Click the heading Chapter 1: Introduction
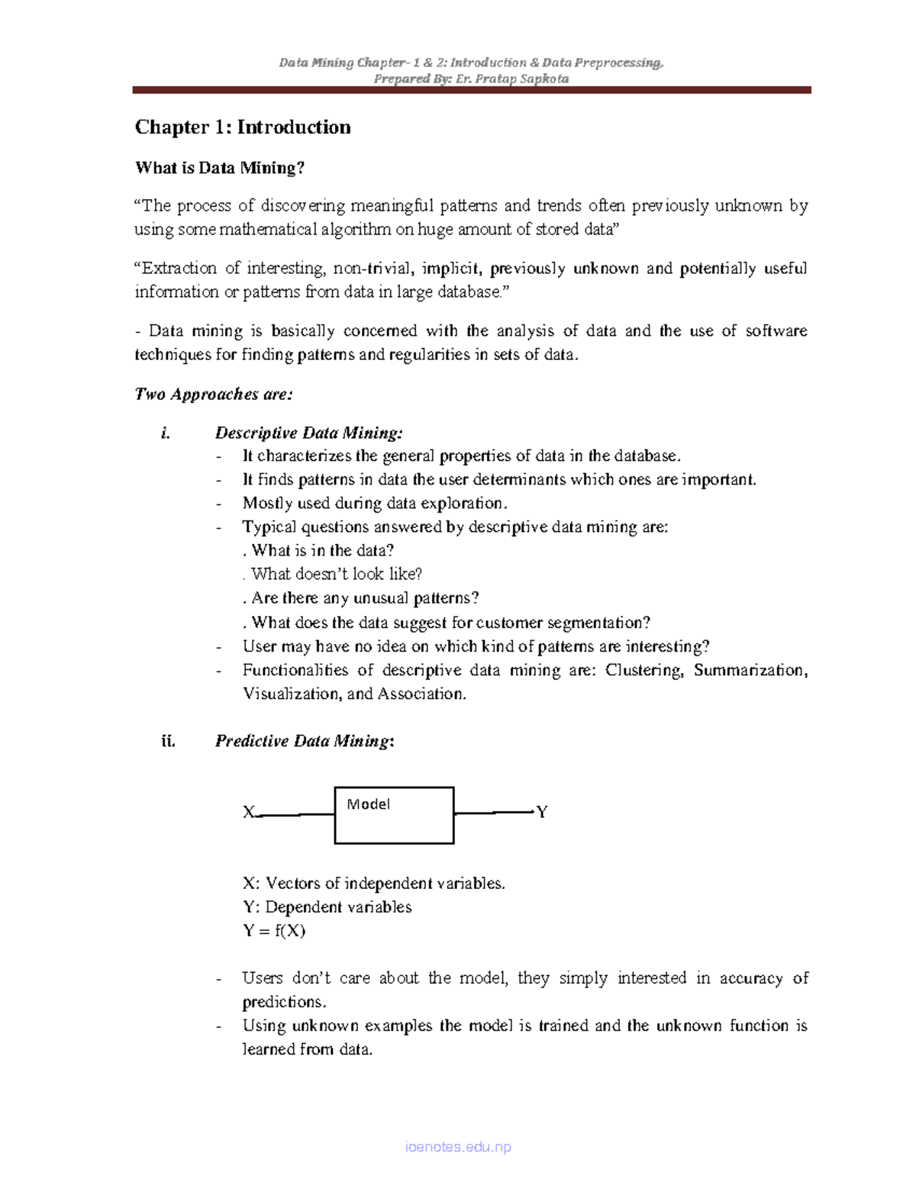tap(243, 127)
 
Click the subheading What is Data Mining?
tap(219, 168)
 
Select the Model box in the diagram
tap(394, 815)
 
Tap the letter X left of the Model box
tap(248, 813)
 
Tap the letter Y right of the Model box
tap(542, 812)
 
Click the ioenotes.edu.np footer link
tap(458, 1147)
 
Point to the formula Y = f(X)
tap(274, 931)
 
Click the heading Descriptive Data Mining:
tap(308, 433)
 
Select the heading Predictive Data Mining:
tap(305, 741)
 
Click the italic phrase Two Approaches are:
tap(214, 394)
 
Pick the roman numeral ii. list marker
tap(168, 741)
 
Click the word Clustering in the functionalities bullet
tap(643, 671)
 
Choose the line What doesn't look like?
tap(337, 575)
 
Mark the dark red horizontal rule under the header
tap(471, 90)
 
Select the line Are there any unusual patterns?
tap(365, 598)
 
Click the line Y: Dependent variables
tap(327, 907)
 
